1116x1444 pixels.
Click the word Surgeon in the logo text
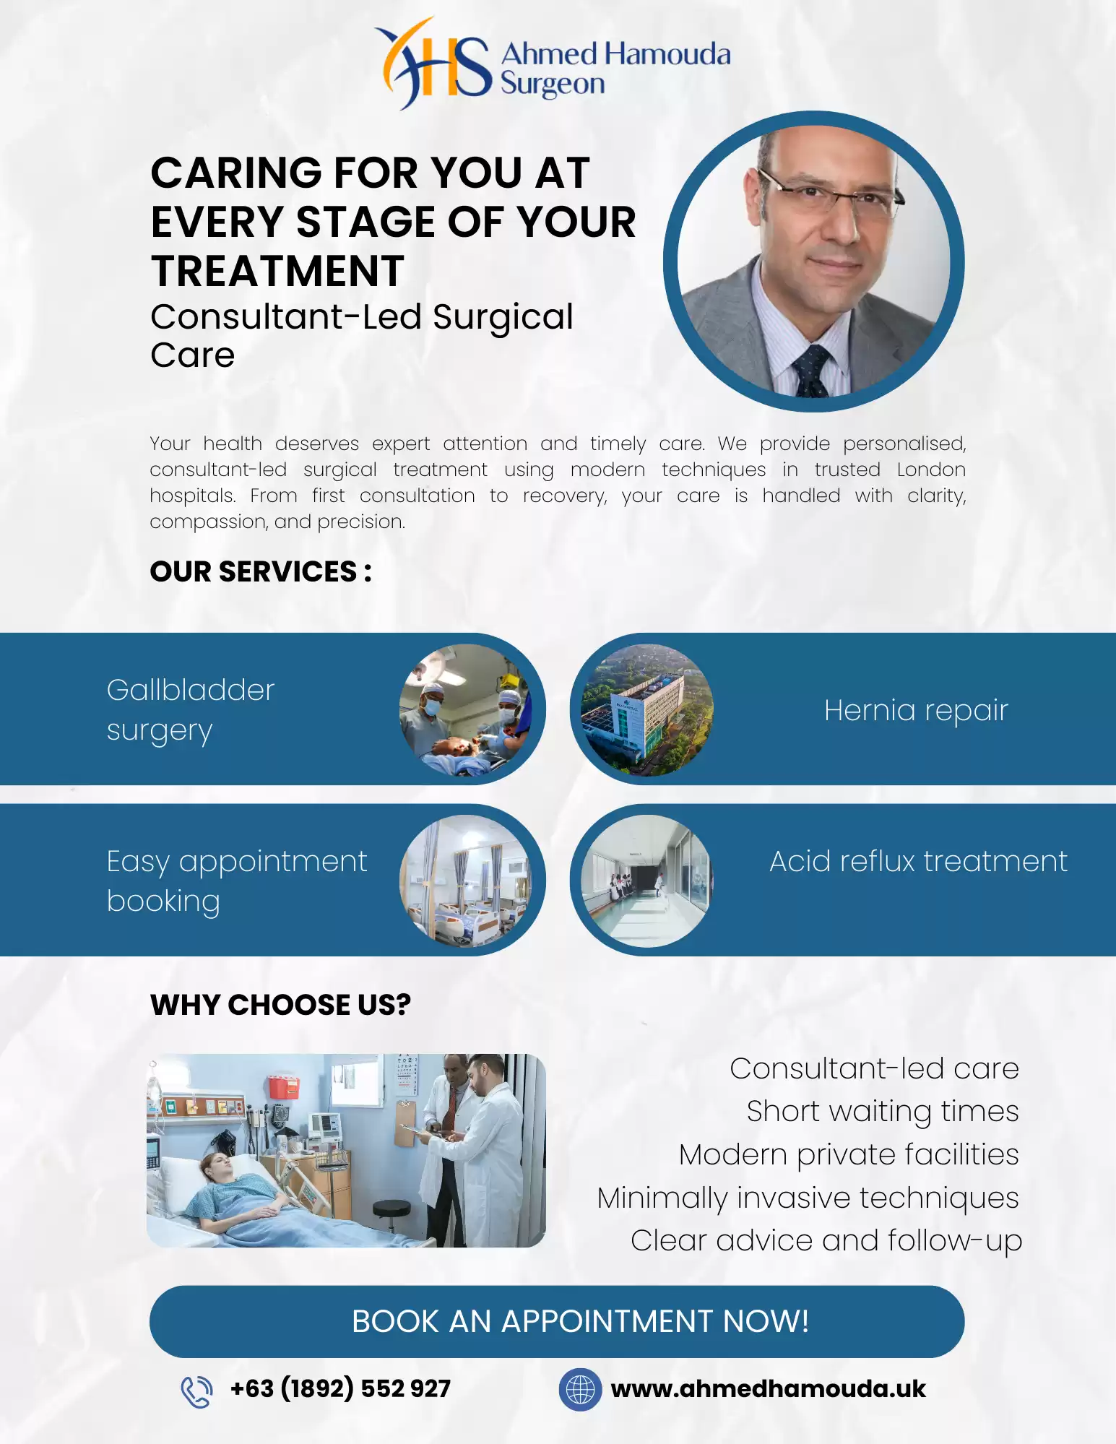tap(553, 85)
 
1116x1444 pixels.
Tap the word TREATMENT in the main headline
tap(277, 272)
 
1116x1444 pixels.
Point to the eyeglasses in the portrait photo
tap(831, 192)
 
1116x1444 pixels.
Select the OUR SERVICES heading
tap(261, 571)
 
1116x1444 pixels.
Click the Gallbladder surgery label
tap(191, 709)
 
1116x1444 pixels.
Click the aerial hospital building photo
tap(647, 709)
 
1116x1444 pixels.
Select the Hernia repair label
tap(915, 711)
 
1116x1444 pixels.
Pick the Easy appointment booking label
tap(236, 881)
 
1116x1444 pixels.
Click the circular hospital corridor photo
tap(647, 881)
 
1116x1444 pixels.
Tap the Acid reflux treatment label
tap(917, 861)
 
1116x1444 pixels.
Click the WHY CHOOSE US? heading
tap(280, 1005)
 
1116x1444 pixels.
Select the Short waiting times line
tap(882, 1111)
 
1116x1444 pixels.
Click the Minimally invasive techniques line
tap(807, 1198)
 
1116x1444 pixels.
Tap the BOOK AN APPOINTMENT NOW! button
tap(557, 1321)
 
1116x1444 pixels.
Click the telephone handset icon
tap(196, 1391)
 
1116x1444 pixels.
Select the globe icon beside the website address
tap(580, 1389)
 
